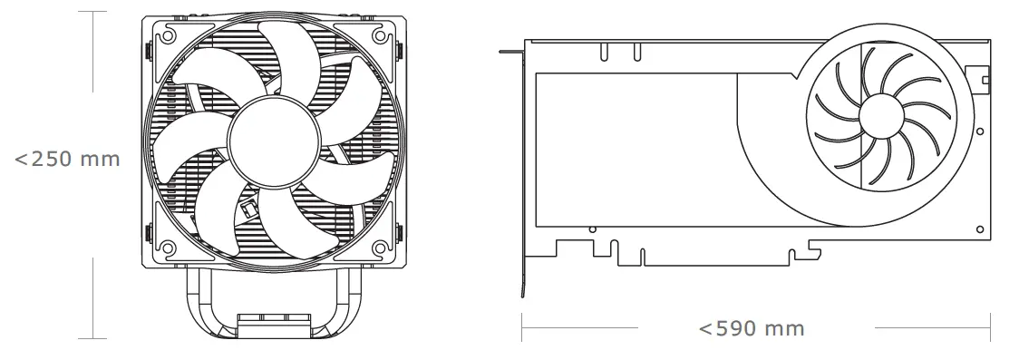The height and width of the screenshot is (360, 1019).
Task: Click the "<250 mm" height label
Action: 68,160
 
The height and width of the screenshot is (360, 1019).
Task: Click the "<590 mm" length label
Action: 752,327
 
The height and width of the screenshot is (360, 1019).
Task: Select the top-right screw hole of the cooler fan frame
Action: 378,35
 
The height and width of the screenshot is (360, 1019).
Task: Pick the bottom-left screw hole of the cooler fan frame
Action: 169,245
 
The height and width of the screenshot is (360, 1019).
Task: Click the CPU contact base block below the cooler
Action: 274,324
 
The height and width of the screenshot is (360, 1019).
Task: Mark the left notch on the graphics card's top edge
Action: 603,53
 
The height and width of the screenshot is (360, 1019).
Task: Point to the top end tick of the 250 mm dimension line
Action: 94,12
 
